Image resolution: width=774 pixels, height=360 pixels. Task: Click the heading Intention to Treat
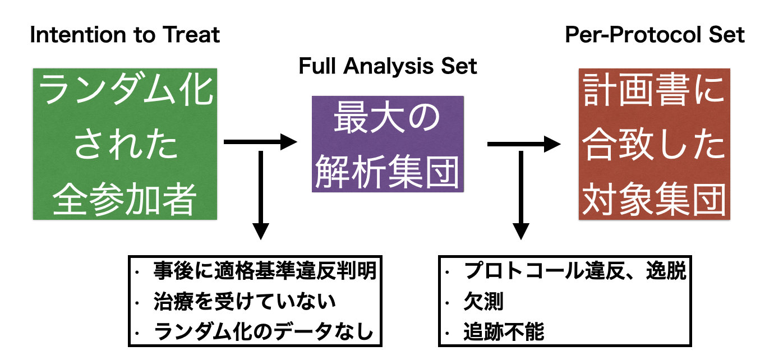click(125, 35)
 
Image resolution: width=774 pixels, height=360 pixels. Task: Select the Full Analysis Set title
click(388, 66)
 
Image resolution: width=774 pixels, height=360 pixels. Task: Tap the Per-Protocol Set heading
click(655, 35)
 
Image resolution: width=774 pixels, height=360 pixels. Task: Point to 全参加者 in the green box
click(125, 199)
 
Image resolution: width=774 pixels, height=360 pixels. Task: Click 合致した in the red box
click(654, 146)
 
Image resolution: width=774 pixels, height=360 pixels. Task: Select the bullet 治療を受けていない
click(244, 302)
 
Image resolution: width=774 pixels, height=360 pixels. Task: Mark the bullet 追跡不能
click(503, 332)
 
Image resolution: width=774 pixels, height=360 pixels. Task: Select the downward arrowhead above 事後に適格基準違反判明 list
click(261, 231)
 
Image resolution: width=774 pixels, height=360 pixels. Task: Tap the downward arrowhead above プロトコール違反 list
click(521, 231)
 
